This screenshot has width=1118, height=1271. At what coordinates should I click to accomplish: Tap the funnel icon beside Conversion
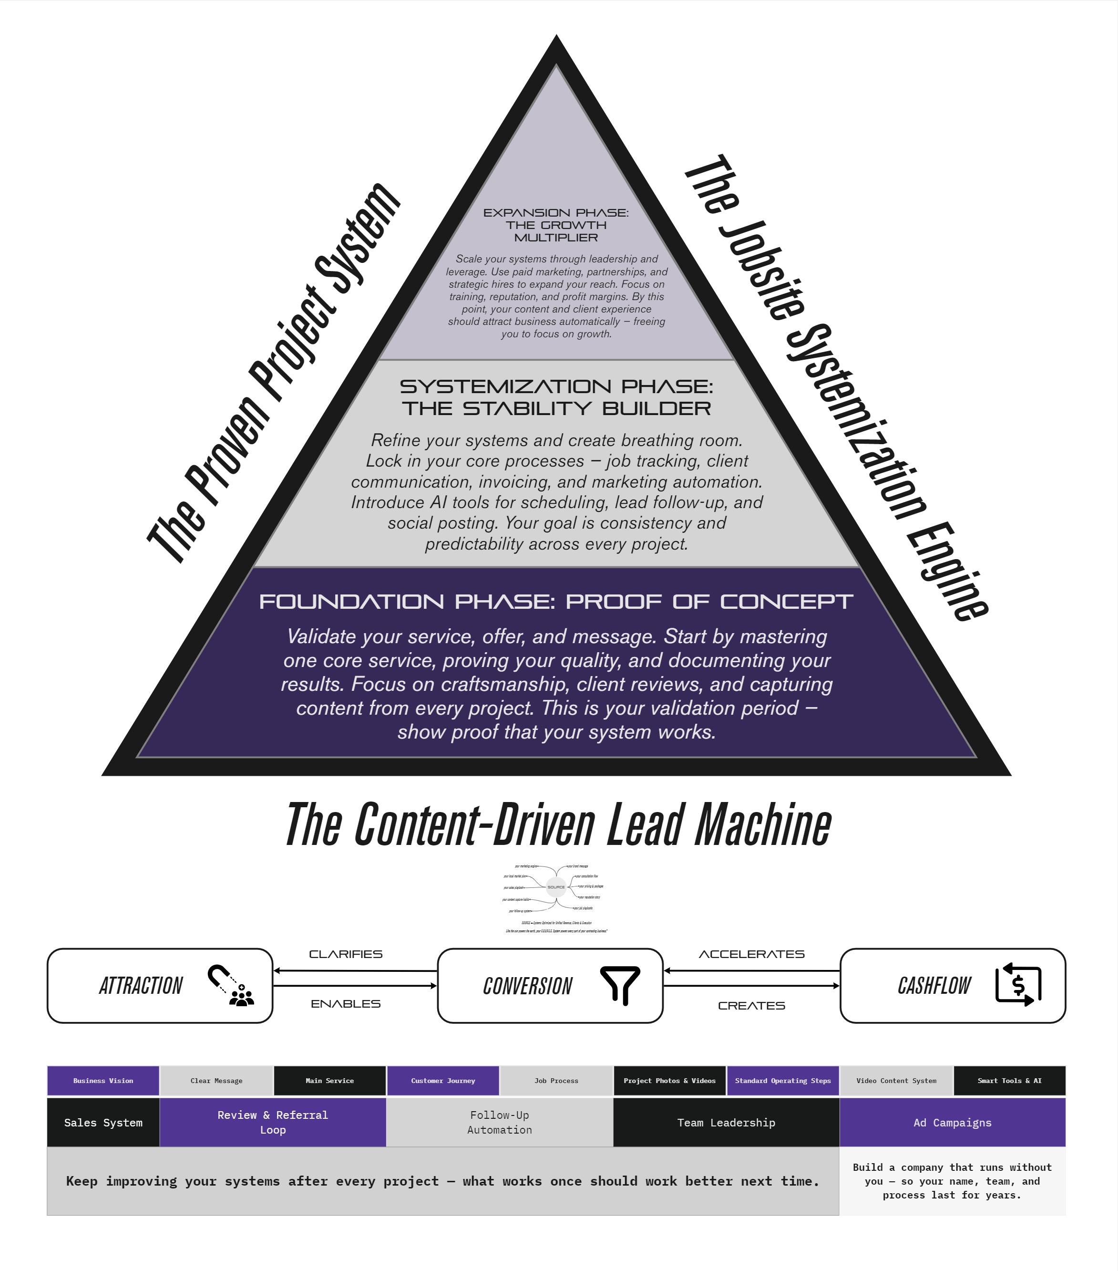620,985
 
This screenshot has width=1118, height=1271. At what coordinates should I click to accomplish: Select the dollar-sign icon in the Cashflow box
1018,985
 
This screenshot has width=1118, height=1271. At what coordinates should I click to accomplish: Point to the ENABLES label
346,1004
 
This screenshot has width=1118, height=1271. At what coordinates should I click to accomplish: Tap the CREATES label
751,1005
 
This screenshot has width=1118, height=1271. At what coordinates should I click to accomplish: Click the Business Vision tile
103,1081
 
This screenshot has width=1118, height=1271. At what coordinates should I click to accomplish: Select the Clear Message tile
216,1081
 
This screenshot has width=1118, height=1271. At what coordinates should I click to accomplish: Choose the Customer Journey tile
443,1081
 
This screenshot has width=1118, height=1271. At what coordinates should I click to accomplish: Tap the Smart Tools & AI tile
1009,1081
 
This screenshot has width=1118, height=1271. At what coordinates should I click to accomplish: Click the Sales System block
103,1123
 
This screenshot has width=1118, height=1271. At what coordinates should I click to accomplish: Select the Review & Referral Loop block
273,1123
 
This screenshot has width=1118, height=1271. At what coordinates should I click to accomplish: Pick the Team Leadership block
726,1123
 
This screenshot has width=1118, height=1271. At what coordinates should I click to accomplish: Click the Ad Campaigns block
952,1123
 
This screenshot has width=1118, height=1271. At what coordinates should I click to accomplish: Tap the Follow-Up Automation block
500,1123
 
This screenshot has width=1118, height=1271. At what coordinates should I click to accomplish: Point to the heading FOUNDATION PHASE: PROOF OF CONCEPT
556,602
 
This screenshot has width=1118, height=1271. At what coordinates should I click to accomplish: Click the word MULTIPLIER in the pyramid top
556,238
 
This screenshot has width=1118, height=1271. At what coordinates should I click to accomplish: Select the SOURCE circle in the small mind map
555,887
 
